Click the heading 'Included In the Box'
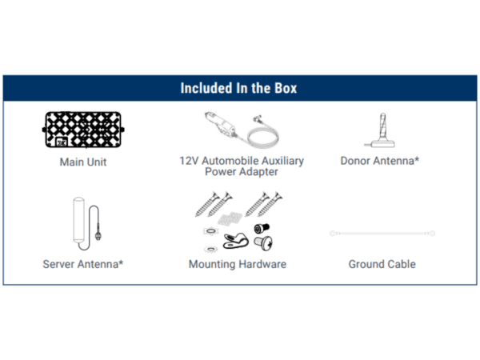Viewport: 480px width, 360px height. coord(238,88)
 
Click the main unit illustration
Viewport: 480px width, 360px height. coord(83,130)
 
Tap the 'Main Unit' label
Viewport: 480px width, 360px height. coord(83,162)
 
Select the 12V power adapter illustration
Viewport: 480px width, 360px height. coord(242,130)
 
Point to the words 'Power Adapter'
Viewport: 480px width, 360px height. coord(242,172)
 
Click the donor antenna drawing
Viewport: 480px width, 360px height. coord(380,130)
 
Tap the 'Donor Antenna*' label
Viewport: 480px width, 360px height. coord(379,161)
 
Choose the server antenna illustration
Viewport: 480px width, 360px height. coord(87,223)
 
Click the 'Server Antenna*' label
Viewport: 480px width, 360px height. coord(83,264)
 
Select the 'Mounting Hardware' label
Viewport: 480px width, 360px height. coord(238,264)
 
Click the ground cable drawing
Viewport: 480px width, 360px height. coord(382,234)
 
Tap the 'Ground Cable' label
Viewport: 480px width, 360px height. coord(382,264)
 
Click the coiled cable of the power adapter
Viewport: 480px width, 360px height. coord(263,138)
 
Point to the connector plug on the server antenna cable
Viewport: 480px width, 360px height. coord(98,234)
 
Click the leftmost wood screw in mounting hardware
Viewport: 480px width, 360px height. coord(207,205)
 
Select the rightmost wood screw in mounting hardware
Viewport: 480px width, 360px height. coord(270,205)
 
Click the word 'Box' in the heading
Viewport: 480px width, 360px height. coord(286,88)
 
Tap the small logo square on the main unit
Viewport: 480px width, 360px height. coord(62,142)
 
